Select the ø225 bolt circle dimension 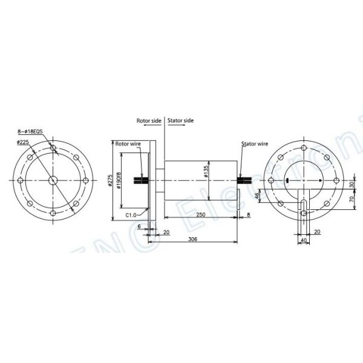point(24,142)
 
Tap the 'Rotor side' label point(149,120)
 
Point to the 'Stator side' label point(180,120)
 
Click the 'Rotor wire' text point(128,144)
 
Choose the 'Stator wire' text point(255,144)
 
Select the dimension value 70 point(351,198)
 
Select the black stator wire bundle point(246,180)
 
